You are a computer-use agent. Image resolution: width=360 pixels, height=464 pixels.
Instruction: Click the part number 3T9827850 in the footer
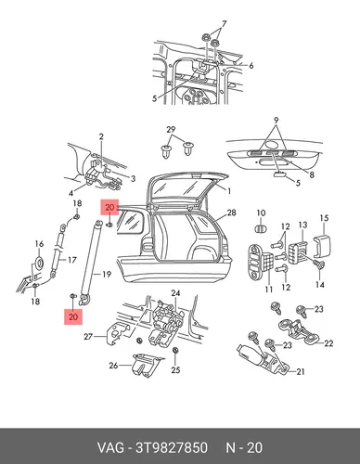click(x=172, y=447)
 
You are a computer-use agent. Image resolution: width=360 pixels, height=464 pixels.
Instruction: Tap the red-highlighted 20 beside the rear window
click(x=109, y=207)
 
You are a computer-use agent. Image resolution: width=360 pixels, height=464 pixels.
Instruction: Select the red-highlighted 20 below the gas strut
click(x=73, y=316)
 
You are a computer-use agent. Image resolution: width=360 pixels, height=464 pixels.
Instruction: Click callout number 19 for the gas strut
click(x=106, y=275)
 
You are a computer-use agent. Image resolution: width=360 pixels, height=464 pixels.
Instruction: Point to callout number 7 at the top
click(x=224, y=24)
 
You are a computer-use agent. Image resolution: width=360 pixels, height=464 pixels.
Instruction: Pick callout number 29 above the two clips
click(x=171, y=130)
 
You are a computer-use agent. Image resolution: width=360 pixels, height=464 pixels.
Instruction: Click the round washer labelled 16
click(x=39, y=263)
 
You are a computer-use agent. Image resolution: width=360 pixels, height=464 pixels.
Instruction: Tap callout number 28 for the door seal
click(x=231, y=213)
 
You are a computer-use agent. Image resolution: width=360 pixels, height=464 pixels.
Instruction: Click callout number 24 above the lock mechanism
click(x=175, y=293)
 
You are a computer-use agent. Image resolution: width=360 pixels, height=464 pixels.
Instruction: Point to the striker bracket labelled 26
click(x=146, y=365)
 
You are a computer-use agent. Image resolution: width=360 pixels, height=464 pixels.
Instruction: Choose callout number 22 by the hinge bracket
click(x=328, y=343)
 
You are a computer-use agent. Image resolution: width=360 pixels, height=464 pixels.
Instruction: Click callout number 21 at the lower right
click(x=301, y=372)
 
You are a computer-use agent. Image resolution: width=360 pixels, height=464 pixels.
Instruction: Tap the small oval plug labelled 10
click(x=261, y=228)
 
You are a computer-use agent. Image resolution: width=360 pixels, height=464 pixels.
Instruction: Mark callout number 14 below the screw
click(x=320, y=285)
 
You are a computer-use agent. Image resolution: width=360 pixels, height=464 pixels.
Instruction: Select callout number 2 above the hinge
click(x=101, y=136)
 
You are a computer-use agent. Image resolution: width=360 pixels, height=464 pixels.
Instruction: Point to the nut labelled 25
click(x=175, y=350)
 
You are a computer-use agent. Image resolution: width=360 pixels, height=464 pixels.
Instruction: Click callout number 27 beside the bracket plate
click(x=88, y=336)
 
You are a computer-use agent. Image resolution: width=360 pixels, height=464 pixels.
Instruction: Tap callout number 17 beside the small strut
click(x=71, y=260)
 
